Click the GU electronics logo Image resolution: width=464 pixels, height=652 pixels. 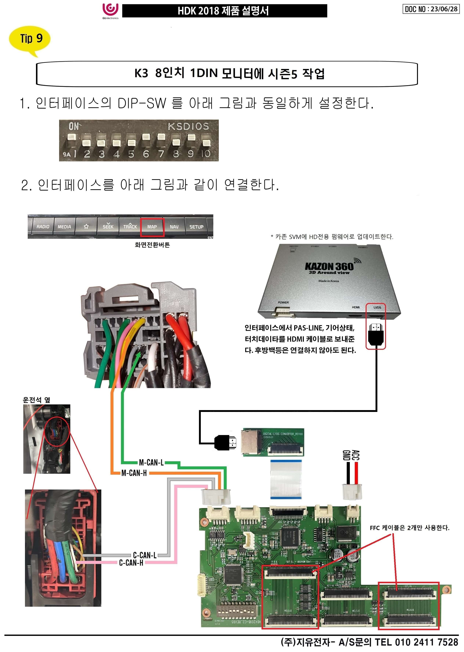tap(110, 11)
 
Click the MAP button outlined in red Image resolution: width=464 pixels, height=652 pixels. tap(152, 227)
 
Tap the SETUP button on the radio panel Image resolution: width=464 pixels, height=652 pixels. tap(196, 227)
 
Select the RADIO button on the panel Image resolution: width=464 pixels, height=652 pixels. tap(43, 227)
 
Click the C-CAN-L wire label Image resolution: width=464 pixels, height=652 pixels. tap(145, 555)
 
